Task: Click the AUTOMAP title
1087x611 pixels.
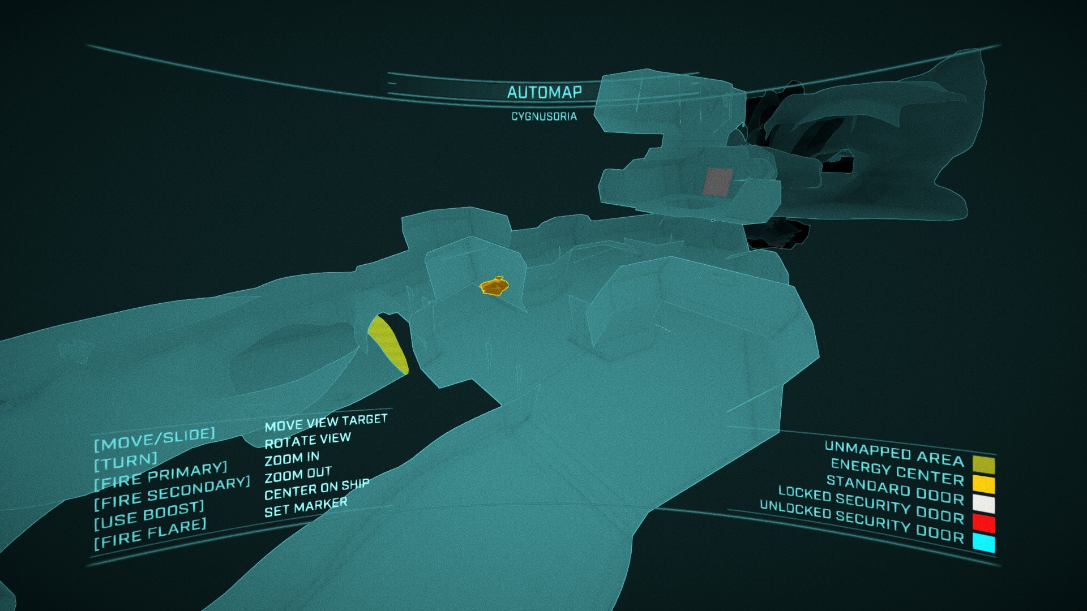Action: pos(544,92)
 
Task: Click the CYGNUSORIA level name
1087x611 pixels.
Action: pos(544,117)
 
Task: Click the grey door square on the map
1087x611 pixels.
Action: pos(718,182)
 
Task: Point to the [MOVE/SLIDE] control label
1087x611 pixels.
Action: pos(155,439)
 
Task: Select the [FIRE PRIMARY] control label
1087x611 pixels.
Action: pos(161,476)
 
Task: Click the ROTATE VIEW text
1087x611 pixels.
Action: pos(308,440)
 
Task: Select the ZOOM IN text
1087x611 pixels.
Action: pos(292,458)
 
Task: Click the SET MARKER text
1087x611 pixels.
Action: pos(306,507)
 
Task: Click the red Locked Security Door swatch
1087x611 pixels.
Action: pos(984,523)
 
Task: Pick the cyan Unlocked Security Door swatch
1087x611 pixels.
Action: pos(984,543)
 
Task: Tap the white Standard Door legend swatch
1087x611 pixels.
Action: pos(984,504)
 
